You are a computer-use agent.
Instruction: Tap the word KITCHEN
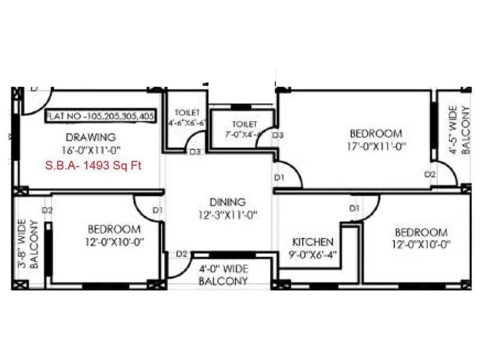(x=313, y=242)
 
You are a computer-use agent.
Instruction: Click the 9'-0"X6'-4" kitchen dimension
(x=313, y=254)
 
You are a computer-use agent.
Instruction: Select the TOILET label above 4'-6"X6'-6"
(x=187, y=113)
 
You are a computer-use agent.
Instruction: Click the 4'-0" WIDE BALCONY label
(x=223, y=275)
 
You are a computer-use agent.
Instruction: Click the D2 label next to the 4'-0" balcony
(x=182, y=254)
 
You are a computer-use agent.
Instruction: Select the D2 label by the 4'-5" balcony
(x=430, y=175)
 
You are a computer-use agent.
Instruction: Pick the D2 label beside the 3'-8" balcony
(x=48, y=210)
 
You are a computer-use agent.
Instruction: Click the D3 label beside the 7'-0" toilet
(x=277, y=136)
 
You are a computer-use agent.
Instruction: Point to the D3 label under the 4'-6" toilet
(x=195, y=152)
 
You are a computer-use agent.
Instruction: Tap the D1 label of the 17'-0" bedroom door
(x=280, y=178)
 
